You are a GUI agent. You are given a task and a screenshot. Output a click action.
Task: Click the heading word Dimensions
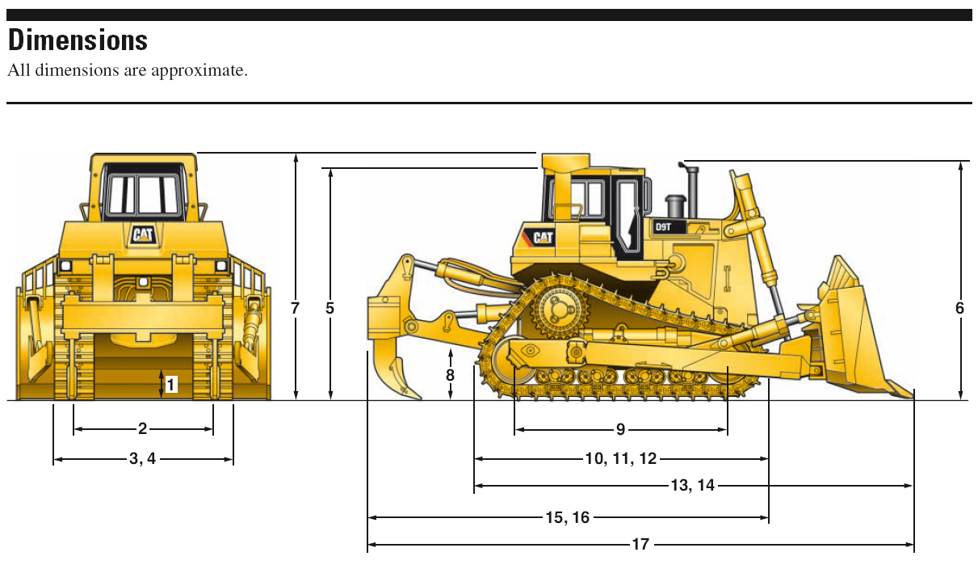(78, 40)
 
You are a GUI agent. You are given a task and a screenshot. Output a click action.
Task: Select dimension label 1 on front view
(170, 385)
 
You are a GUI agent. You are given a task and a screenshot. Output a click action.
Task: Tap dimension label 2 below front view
(143, 429)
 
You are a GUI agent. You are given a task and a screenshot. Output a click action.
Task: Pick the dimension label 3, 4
(143, 459)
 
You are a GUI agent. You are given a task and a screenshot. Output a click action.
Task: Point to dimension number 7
(296, 308)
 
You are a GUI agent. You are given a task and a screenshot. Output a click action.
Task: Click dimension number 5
(329, 308)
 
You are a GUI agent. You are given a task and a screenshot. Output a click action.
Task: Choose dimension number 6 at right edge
(959, 308)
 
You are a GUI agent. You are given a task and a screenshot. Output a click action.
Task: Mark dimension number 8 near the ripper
(450, 375)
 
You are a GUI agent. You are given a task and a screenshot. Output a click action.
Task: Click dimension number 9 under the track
(620, 429)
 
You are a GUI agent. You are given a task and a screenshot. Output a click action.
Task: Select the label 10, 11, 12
(620, 459)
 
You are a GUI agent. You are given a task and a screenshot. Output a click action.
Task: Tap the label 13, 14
(693, 486)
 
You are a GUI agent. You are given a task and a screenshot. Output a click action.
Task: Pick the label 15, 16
(567, 517)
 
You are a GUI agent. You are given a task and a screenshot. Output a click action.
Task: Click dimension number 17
(640, 545)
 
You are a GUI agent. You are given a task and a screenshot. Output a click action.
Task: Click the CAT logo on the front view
(143, 234)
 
